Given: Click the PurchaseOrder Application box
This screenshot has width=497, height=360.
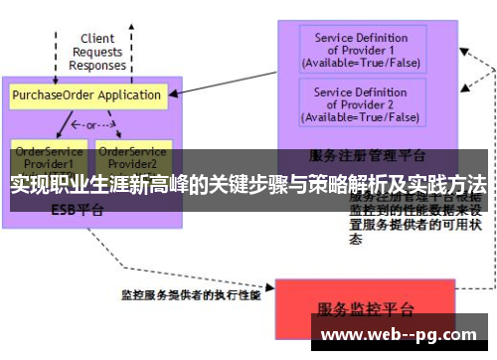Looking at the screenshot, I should coord(86,95).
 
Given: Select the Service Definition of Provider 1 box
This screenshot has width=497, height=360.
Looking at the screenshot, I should coord(361,51).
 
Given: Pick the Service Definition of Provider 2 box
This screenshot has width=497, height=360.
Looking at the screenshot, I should coord(361,103).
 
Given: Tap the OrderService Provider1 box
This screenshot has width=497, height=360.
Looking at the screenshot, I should coord(44,156).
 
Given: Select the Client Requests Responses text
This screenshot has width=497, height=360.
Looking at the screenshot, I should coord(97,52).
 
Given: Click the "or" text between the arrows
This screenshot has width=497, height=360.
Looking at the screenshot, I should coord(88,126).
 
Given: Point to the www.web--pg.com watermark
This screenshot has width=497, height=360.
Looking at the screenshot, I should coord(402,335).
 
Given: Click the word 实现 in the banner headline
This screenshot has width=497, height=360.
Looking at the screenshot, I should coord(30,185).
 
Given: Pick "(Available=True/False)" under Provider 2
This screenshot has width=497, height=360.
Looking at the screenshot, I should coord(361,117).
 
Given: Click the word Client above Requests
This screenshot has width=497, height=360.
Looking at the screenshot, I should coord(97,39).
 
